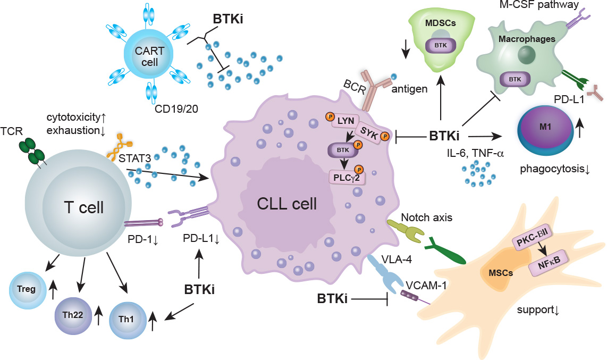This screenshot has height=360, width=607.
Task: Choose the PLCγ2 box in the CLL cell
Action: point(346,179)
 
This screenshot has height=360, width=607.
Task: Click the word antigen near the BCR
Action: point(409,89)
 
